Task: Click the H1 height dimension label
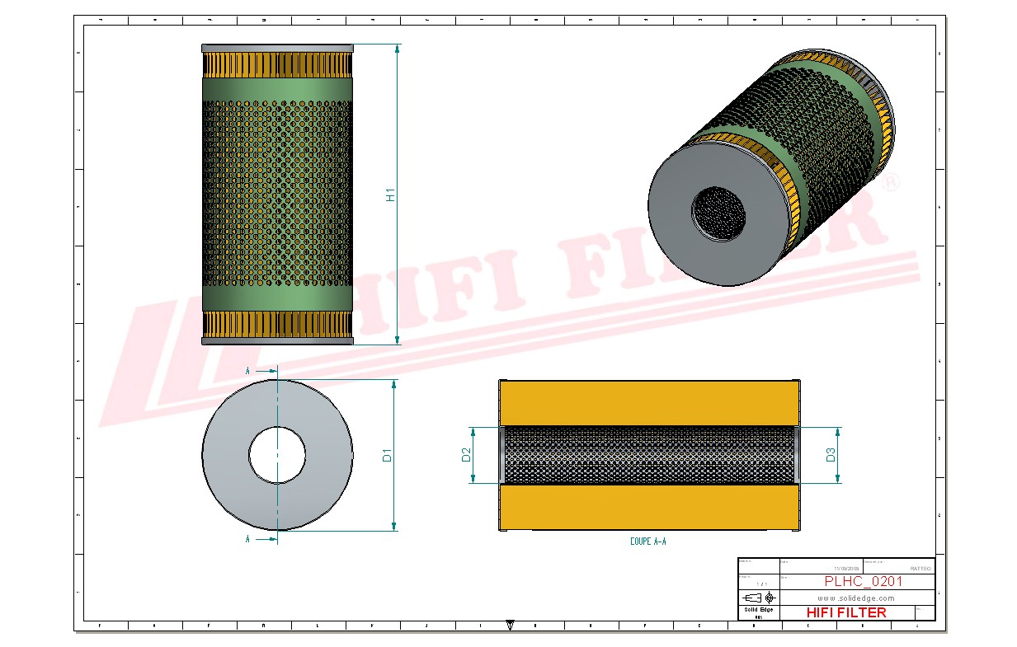point(391,195)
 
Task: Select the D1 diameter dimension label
point(387,455)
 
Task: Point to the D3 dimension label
point(831,454)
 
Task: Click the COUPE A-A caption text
point(647,542)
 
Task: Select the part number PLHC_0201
point(852,582)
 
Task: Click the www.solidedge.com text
point(855,598)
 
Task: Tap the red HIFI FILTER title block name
point(845,612)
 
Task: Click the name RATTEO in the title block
point(920,569)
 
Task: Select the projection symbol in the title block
point(759,598)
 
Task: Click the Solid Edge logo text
point(758,609)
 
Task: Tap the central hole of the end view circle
point(277,455)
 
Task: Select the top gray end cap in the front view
point(277,48)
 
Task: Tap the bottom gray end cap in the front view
point(277,340)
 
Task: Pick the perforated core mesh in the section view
point(649,455)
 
